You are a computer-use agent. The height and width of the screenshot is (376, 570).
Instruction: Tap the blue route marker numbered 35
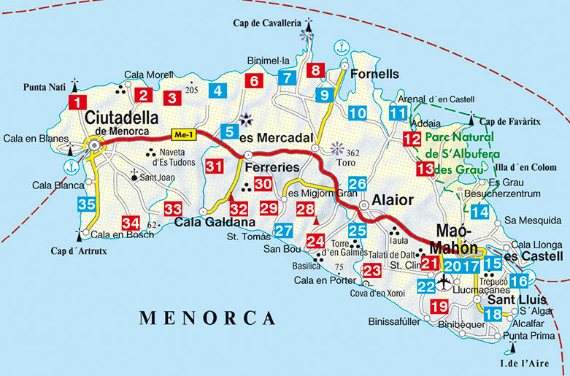[87, 205]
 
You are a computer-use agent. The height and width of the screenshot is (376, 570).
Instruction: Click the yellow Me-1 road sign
[182, 134]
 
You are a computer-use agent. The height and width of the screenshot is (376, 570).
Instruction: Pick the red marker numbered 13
[425, 169]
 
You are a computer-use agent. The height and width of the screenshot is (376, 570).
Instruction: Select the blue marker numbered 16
[519, 281]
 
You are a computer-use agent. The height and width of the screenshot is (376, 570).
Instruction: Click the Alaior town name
[393, 199]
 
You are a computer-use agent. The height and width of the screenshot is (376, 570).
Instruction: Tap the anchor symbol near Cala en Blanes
[70, 166]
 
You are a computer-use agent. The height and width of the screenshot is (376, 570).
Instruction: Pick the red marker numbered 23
[371, 271]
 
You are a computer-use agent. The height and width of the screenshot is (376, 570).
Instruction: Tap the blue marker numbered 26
[357, 184]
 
